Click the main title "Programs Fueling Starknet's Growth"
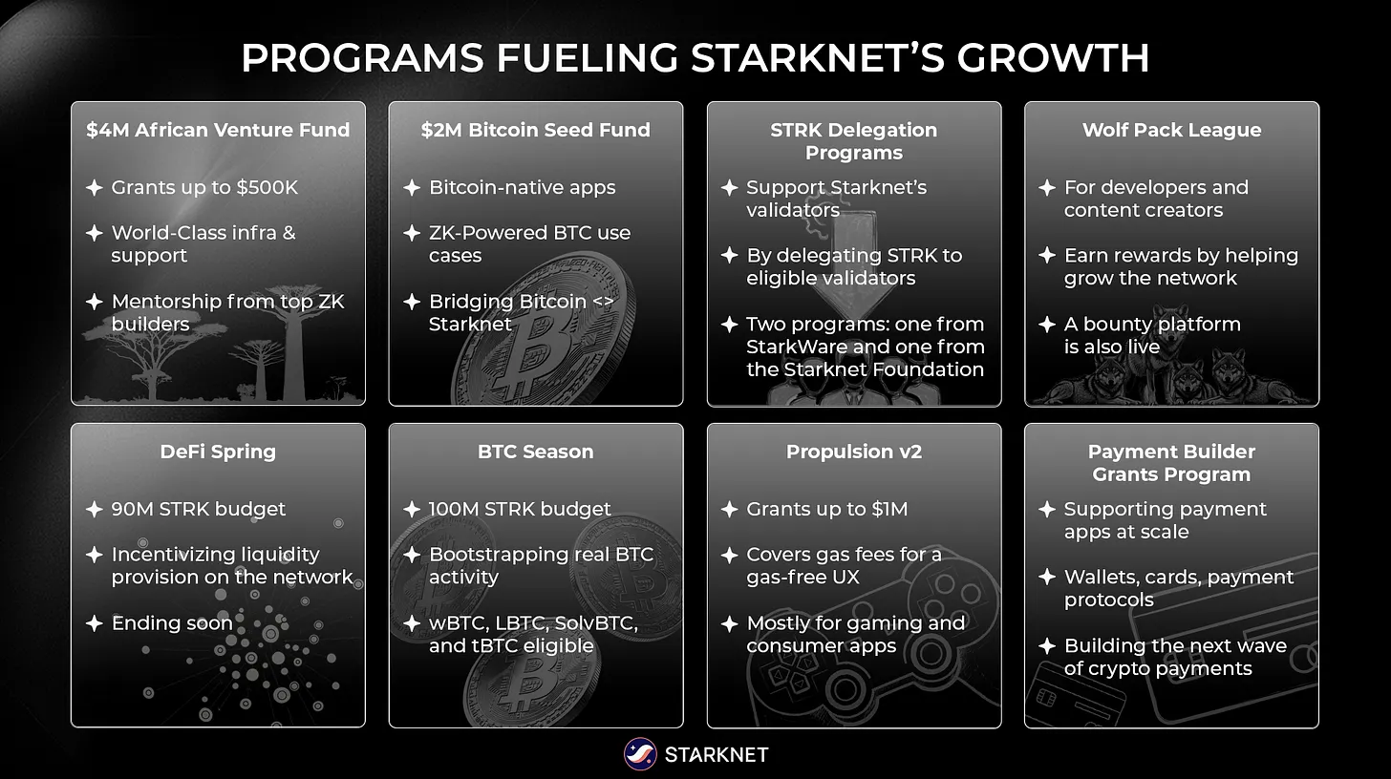695,58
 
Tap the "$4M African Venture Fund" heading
218,130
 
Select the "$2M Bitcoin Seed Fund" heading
535,130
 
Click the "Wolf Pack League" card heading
1171,130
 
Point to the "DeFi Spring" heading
218,452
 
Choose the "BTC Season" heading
535,452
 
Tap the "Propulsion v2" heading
853,452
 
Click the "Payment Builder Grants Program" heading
1171,463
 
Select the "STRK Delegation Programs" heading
853,141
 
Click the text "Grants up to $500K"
204,187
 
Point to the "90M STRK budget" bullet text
198,509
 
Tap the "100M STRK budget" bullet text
520,509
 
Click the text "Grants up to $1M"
826,509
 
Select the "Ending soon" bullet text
172,623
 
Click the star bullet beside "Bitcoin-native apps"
412,188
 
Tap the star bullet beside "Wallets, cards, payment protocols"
1047,578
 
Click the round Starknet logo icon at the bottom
639,754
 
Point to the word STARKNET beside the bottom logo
716,755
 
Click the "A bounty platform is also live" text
1152,335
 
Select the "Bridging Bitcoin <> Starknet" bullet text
521,312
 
